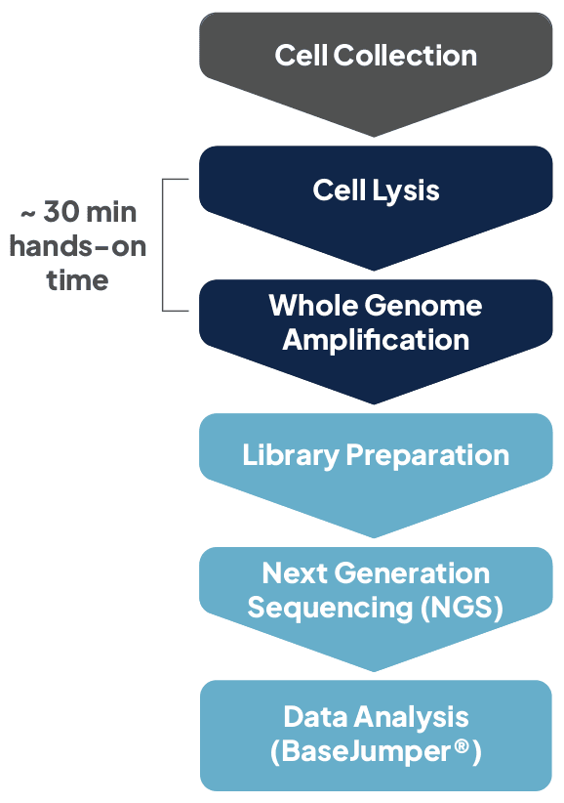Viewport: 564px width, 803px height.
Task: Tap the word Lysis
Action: point(406,190)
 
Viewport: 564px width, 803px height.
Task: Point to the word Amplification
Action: point(376,340)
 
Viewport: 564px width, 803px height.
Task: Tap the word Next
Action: point(293,573)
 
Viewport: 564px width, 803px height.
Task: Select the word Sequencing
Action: point(331,608)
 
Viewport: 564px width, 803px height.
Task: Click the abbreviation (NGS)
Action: point(463,608)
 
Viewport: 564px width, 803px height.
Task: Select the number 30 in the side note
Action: point(65,213)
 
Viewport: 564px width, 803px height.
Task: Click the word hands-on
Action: point(78,246)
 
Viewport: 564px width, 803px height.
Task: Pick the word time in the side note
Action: point(78,280)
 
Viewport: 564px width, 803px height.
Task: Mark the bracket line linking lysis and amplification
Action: point(163,244)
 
